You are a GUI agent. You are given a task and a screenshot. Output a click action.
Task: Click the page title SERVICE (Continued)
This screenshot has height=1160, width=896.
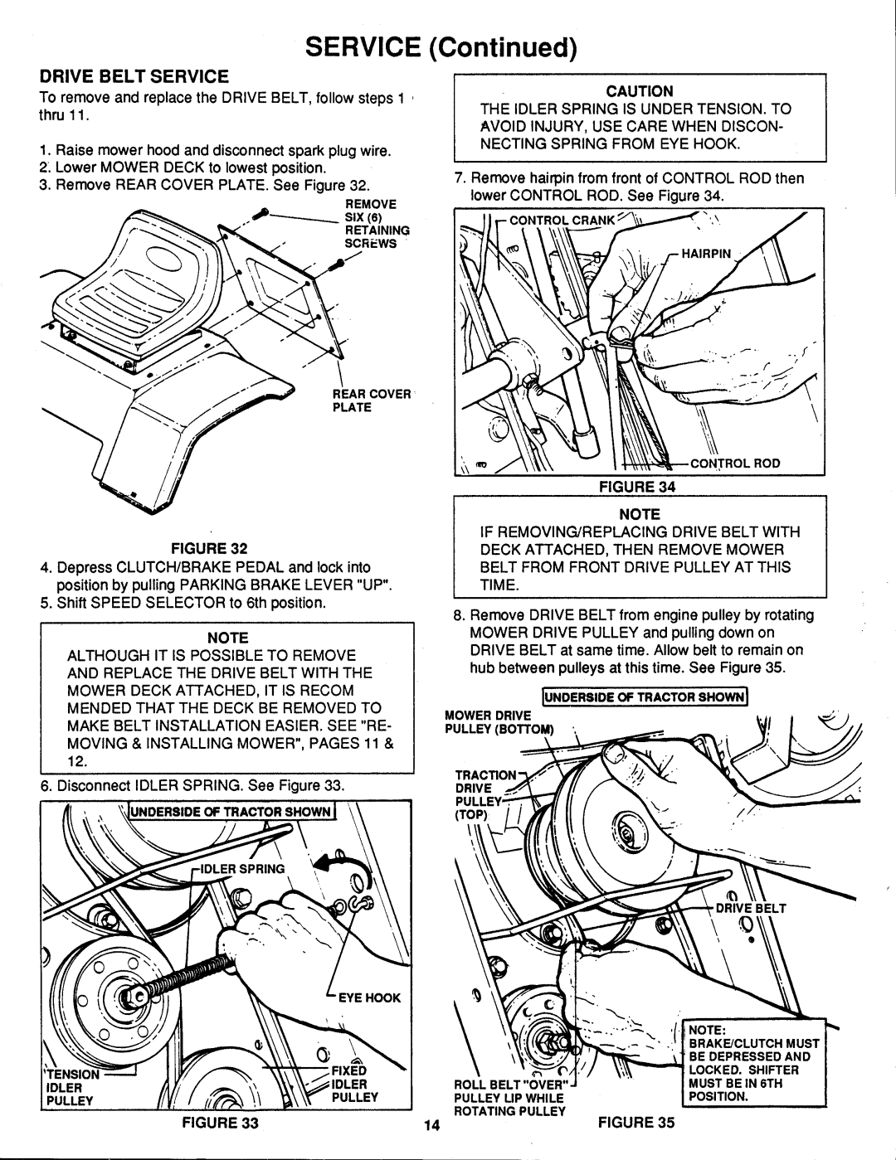[441, 48]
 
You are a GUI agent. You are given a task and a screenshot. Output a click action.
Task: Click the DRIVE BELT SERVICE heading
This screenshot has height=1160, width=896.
[134, 77]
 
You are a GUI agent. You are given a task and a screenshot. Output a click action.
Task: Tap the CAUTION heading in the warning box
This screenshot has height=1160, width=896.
[640, 91]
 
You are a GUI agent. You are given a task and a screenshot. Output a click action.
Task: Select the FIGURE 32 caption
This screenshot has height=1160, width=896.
[209, 548]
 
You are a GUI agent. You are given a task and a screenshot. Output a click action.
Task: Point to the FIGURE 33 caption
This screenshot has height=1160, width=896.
[220, 1123]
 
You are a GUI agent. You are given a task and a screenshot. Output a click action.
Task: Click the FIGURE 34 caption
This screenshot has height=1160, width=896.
[637, 487]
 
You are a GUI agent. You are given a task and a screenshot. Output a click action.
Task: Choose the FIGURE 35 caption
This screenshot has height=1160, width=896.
[636, 1122]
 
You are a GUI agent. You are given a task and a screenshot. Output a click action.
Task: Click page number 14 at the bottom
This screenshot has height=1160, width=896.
[431, 1126]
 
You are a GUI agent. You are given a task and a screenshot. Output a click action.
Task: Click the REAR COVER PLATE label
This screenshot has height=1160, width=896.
[372, 400]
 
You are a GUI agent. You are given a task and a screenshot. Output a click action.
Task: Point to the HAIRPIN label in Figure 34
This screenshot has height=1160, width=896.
[706, 254]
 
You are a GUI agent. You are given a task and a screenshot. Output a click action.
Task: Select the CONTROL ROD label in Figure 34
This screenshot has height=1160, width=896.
[735, 464]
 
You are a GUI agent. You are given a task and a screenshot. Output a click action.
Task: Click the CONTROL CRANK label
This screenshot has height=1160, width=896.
[562, 220]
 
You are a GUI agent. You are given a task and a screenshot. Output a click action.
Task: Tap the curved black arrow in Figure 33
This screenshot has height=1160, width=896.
[341, 864]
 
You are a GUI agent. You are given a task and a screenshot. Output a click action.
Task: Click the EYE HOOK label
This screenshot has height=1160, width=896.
[369, 997]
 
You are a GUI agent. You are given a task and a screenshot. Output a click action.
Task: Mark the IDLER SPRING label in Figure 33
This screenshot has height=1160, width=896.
[242, 869]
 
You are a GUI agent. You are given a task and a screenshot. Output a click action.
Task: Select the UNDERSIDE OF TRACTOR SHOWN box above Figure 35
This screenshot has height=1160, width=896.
[645, 696]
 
